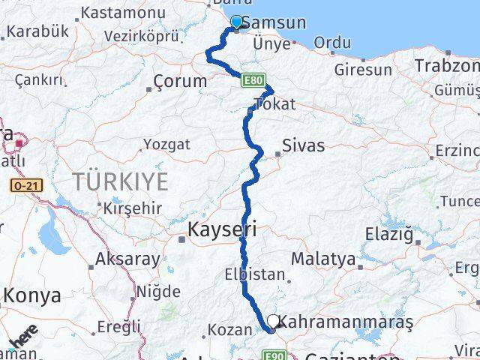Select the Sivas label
[304, 145]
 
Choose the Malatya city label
[323, 259]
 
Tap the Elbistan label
[254, 275]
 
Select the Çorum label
[179, 81]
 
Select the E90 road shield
[275, 355]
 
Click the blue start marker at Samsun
[237, 22]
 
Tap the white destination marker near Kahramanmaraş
[273, 321]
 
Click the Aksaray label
[127, 260]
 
